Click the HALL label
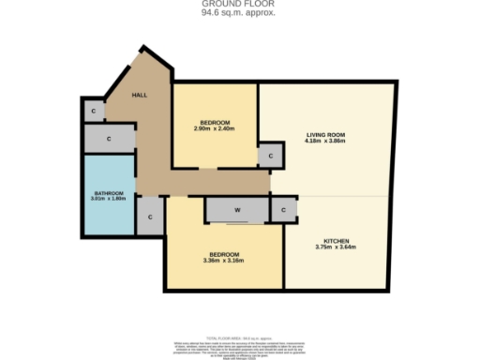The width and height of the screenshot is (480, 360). coord(140,95)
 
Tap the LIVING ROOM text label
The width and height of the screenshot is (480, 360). coord(326,135)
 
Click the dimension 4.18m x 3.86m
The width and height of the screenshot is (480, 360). coord(326,142)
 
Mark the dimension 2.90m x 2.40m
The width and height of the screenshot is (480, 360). coord(215,128)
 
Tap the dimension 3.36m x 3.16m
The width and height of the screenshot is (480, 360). coord(224,261)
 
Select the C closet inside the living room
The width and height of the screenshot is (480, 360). coord(271,156)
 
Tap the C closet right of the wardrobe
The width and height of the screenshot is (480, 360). coord(284,211)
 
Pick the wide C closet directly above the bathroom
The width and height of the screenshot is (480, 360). coord(109,139)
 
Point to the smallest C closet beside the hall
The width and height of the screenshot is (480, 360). coord(93,111)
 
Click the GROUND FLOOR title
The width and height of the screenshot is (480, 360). coord(240,5)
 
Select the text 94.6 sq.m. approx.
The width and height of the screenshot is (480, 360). coord(240,14)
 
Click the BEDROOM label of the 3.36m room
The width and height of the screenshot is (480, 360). coord(224,254)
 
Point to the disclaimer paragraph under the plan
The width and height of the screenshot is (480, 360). coord(240,343)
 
